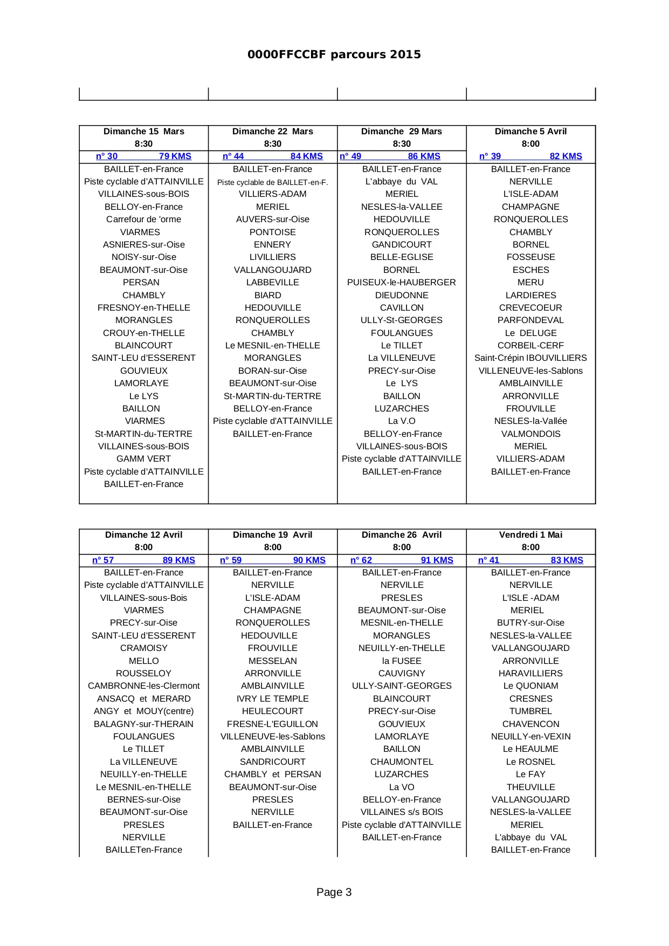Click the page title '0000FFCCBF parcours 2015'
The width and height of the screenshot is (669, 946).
(334, 54)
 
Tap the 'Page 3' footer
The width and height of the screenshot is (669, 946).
(334, 892)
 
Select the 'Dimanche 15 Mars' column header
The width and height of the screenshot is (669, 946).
(143, 132)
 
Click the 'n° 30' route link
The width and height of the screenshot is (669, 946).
(107, 156)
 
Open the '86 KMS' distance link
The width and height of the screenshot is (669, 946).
(424, 156)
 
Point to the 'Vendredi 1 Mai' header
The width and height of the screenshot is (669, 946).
(530, 535)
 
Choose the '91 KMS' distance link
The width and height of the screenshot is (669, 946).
(437, 560)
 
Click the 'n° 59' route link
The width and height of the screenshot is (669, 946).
(231, 560)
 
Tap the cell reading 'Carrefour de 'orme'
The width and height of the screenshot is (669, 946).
(143, 220)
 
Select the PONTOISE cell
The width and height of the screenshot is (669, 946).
(273, 232)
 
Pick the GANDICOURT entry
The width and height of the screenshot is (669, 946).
(402, 245)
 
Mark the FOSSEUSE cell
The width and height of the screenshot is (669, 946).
(530, 257)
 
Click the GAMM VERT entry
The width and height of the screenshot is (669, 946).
(143, 459)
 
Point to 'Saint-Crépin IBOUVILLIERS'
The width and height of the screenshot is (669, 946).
(530, 358)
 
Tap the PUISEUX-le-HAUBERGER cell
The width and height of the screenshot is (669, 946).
(402, 283)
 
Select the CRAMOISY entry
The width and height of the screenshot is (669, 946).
(143, 648)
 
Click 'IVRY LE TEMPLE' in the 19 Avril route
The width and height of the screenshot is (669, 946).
(273, 699)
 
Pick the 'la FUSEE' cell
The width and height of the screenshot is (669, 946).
(402, 661)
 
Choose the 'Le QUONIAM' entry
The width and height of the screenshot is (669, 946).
(530, 686)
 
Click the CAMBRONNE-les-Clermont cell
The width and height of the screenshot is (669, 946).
(143, 686)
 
